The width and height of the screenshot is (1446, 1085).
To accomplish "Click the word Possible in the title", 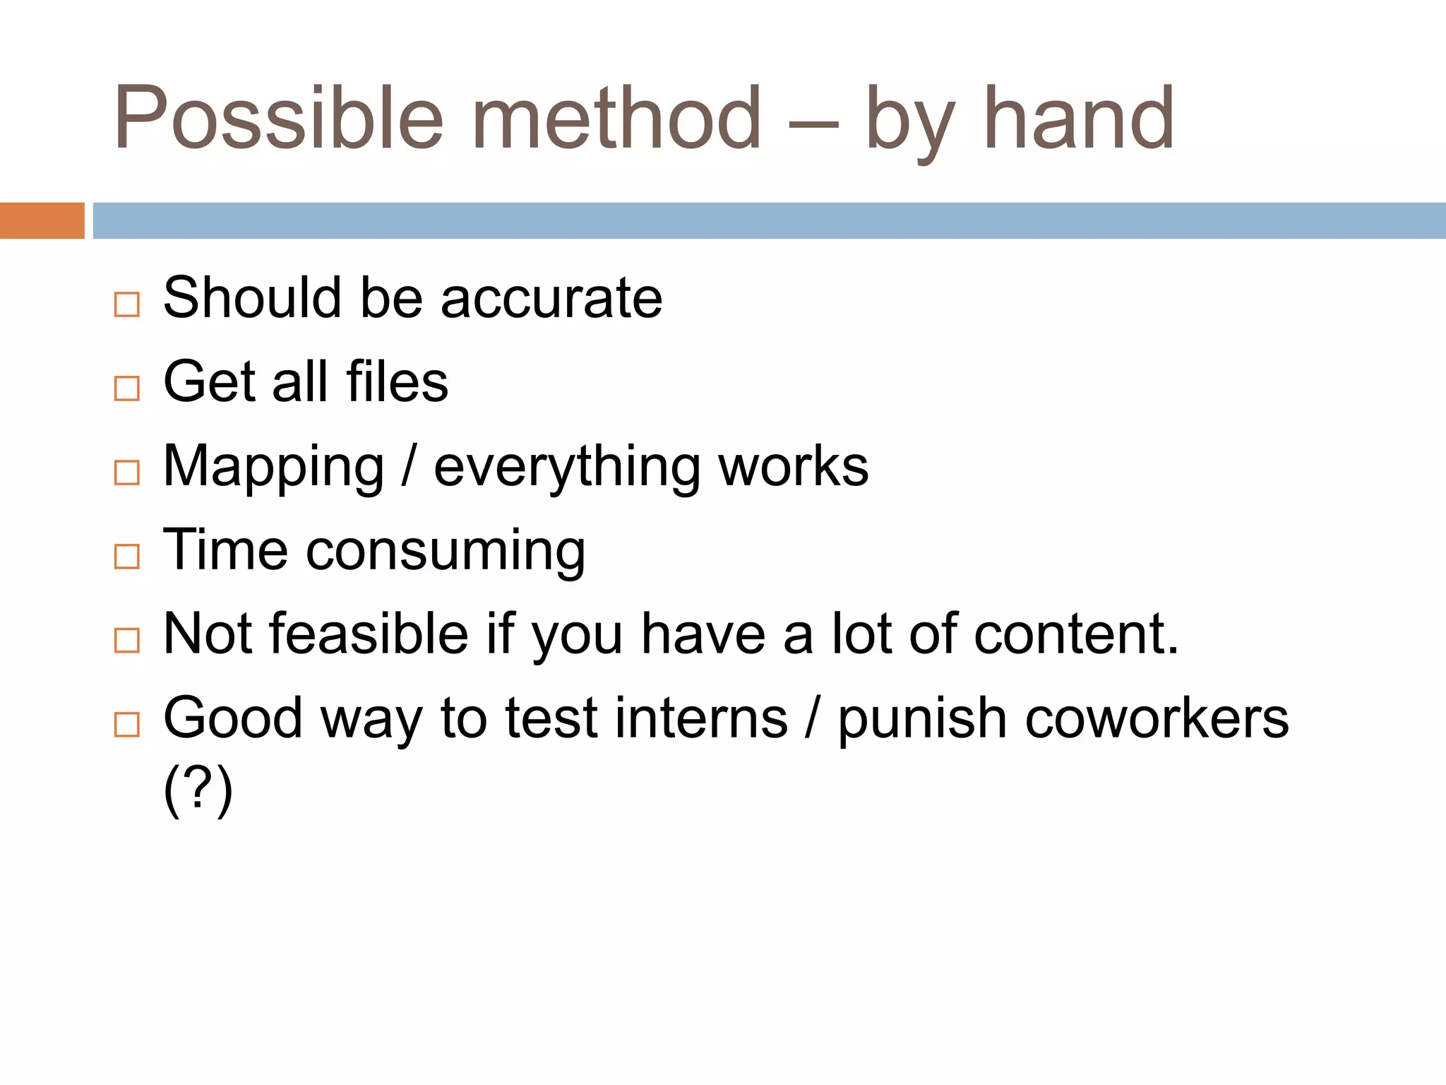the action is tap(279, 118).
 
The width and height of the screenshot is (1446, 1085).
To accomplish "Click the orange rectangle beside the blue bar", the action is tap(42, 220).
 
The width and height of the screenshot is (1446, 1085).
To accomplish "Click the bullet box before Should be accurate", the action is tap(127, 304).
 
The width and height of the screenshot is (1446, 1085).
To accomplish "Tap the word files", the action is tap(397, 382).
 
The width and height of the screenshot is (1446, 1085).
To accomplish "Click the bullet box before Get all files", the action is tap(127, 389).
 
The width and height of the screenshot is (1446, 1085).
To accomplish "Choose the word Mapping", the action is tap(274, 468).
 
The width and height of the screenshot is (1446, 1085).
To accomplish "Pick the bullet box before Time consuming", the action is tap(127, 557).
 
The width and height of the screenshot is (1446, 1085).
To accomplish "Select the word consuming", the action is tap(446, 552).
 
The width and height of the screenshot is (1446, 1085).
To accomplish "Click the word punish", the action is tap(922, 718).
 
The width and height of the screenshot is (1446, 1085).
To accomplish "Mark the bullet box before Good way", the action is tap(127, 725).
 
